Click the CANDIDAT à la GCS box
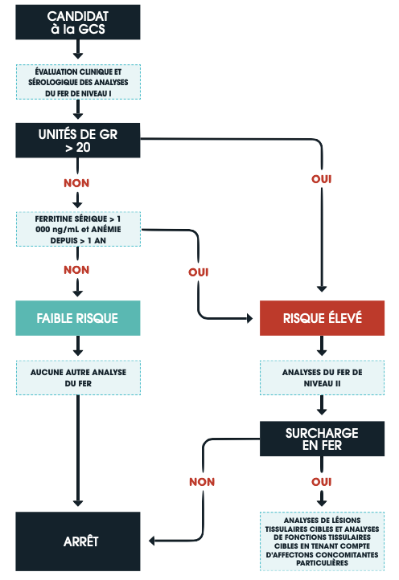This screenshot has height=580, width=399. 78,22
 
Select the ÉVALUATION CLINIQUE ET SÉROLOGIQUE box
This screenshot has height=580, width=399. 78,82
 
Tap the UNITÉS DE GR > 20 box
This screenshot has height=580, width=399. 78,141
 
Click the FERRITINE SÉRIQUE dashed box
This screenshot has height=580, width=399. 78,229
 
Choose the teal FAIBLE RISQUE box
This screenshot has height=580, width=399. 78,318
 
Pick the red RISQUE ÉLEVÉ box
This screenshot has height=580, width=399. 322,318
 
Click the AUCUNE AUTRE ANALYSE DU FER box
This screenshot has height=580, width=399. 78,378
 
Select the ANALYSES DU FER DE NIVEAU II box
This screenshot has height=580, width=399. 322,378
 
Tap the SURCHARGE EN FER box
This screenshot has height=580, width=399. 322,439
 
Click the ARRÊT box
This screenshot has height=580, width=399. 78,541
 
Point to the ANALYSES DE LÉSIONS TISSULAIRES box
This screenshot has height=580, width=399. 322,541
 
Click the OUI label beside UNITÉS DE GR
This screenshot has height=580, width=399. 322,179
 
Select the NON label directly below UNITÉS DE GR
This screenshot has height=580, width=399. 76,183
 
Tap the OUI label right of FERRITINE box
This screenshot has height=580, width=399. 199,272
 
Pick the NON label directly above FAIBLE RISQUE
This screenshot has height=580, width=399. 76,270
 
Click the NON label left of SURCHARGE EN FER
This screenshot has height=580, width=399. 202,482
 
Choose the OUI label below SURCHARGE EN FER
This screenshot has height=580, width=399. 322,482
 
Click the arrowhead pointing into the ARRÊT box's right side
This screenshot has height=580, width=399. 151,541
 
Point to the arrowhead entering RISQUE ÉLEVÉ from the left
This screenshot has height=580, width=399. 249,318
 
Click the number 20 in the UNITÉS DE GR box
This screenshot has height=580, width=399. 84,147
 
